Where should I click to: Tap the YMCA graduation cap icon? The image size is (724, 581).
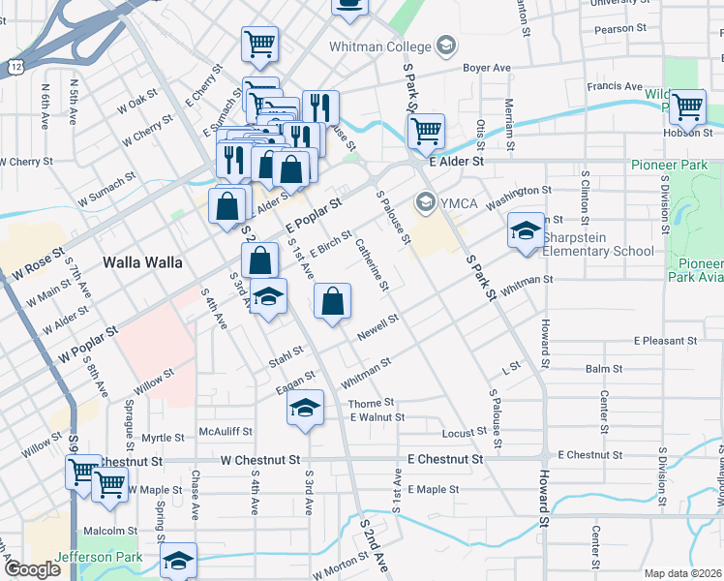(424, 202)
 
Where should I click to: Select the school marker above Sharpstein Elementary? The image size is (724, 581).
(526, 231)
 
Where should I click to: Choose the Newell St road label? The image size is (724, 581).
(378, 323)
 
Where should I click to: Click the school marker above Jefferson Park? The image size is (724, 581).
(178, 561)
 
